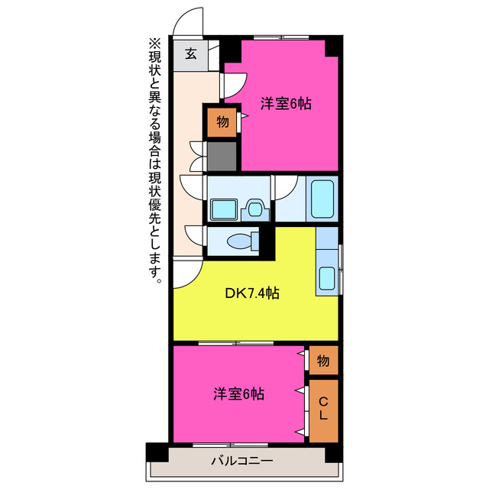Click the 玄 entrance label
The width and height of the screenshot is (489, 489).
190,54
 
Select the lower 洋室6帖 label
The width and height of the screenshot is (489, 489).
238,394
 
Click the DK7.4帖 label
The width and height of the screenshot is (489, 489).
251,293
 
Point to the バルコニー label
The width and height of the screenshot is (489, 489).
241,461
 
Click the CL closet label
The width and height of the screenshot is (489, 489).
323,410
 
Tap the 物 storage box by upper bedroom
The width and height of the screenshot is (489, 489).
222,122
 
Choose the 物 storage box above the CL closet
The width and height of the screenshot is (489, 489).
323,360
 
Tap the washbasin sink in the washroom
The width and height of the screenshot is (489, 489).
225,208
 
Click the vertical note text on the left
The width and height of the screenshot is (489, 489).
155,160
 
